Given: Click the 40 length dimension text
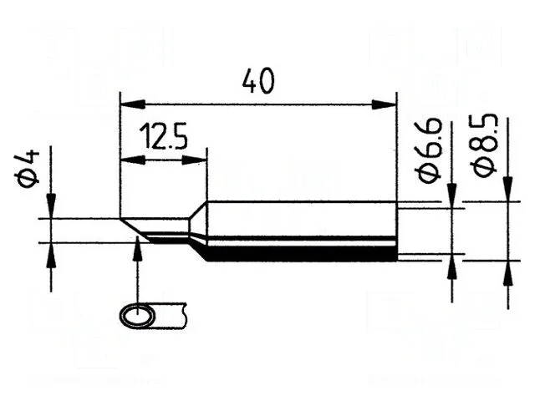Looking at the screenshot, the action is click(258, 81).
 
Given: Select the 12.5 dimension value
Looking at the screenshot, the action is click(164, 136).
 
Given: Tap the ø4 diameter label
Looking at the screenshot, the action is click(27, 169).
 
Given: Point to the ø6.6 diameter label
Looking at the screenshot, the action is click(428, 150).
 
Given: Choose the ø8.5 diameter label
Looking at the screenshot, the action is click(485, 145).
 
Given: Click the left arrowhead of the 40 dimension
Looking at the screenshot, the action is click(133, 104).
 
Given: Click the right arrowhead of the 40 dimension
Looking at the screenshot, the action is click(384, 104).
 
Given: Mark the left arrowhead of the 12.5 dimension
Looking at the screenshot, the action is click(133, 160).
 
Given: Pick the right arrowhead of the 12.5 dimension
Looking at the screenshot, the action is click(195, 160).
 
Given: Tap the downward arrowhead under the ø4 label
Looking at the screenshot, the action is click(51, 206).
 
